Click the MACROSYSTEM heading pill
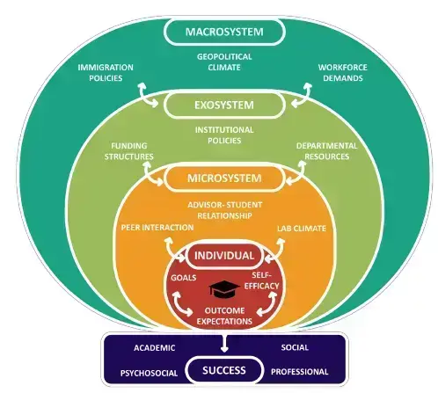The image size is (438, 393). (x=224, y=32)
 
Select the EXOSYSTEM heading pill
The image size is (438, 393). (x=224, y=105)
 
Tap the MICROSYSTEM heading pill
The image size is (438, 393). (x=224, y=178)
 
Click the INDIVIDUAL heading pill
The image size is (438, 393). (x=224, y=256)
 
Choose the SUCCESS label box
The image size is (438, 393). (x=224, y=370)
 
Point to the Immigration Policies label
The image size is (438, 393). (x=106, y=73)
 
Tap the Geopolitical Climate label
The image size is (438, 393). (x=224, y=62)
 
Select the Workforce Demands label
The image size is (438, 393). (x=343, y=73)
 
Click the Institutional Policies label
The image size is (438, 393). (x=224, y=135)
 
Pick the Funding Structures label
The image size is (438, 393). (x=129, y=151)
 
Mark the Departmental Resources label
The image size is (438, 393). (x=326, y=151)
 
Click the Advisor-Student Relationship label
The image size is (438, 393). (x=224, y=210)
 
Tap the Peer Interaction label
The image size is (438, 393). (x=157, y=228)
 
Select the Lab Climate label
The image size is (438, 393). (x=302, y=229)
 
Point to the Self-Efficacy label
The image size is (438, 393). (x=262, y=280)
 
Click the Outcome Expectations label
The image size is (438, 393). (x=224, y=316)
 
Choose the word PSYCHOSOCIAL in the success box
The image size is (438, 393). (x=149, y=373)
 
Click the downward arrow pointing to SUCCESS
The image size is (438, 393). (x=224, y=342)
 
